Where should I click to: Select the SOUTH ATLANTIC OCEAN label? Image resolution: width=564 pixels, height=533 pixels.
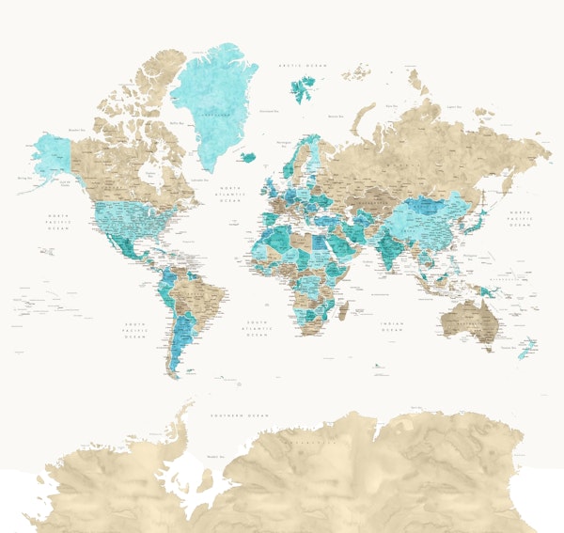tap(258, 326)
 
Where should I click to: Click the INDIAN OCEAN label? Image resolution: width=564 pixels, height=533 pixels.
tap(392, 326)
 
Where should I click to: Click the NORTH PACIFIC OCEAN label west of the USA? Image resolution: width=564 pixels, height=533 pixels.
tap(59, 221)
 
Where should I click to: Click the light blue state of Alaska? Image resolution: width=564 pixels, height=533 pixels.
tap(54, 154)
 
